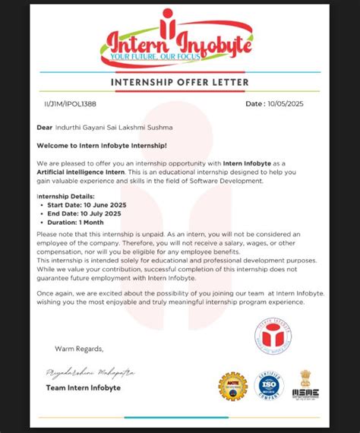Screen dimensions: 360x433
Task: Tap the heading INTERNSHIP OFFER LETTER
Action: point(179,82)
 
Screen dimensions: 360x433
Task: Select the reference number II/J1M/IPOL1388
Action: point(71,103)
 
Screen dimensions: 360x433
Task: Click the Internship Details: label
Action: point(65,196)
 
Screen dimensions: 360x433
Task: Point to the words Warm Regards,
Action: point(77,348)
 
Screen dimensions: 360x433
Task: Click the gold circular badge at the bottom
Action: point(232,386)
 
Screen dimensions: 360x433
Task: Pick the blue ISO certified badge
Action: point(269,386)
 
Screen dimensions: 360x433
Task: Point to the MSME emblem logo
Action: point(305,384)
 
